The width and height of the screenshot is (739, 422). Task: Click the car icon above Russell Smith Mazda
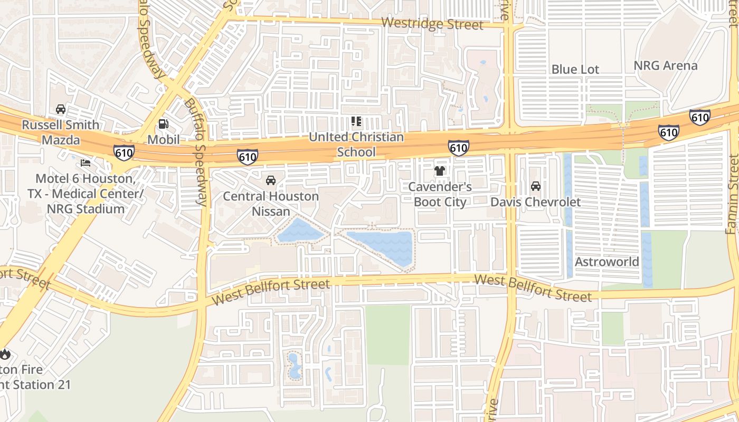point(61,109)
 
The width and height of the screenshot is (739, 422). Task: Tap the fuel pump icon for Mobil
point(164,124)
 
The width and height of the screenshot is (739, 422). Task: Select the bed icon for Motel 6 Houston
point(86,163)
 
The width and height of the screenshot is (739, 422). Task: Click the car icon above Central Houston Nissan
point(271,180)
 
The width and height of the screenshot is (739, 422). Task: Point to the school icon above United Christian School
point(356,122)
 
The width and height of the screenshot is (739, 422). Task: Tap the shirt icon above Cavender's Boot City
point(440,171)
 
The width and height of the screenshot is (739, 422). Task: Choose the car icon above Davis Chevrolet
point(536,186)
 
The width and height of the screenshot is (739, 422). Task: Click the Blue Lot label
point(575,70)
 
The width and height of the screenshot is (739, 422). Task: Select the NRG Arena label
point(665,66)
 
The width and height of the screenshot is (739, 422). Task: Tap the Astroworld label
point(607,262)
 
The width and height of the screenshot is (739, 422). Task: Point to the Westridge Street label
point(432,24)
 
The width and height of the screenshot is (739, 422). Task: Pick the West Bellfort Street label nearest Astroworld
point(533,288)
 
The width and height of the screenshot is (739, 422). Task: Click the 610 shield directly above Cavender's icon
point(458,148)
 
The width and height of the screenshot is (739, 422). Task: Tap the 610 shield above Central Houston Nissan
point(248,157)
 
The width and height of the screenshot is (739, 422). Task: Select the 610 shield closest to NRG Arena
point(699,117)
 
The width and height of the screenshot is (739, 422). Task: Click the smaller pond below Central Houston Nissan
point(299,231)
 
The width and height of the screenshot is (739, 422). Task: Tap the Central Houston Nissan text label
point(271,204)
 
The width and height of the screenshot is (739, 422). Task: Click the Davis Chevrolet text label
point(535,202)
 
